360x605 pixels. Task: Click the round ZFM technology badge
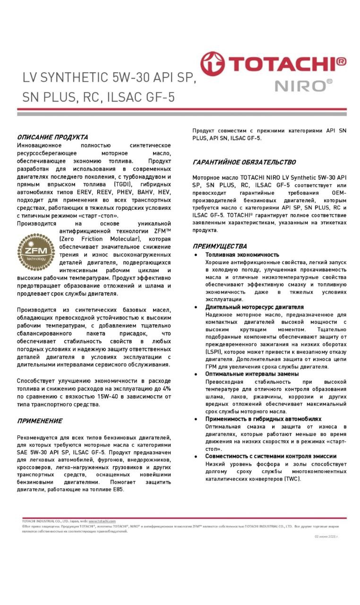tap(36, 251)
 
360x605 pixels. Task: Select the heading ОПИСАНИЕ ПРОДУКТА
tap(52, 137)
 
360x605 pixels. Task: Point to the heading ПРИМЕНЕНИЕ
tap(40, 421)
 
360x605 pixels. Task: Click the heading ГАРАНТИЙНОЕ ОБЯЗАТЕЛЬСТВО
tap(244, 162)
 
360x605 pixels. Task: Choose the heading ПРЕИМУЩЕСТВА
tap(220, 246)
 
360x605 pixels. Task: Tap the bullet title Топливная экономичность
tap(242, 255)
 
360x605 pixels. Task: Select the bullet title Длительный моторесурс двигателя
tap(254, 307)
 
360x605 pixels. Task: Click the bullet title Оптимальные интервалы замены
tap(252, 374)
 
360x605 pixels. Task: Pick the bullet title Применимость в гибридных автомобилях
tap(263, 419)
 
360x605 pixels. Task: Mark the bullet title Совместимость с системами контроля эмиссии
tap(271, 456)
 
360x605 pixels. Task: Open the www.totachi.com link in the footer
tap(102, 521)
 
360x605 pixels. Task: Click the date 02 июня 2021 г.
tap(326, 536)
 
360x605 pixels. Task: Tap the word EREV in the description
tap(86, 192)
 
